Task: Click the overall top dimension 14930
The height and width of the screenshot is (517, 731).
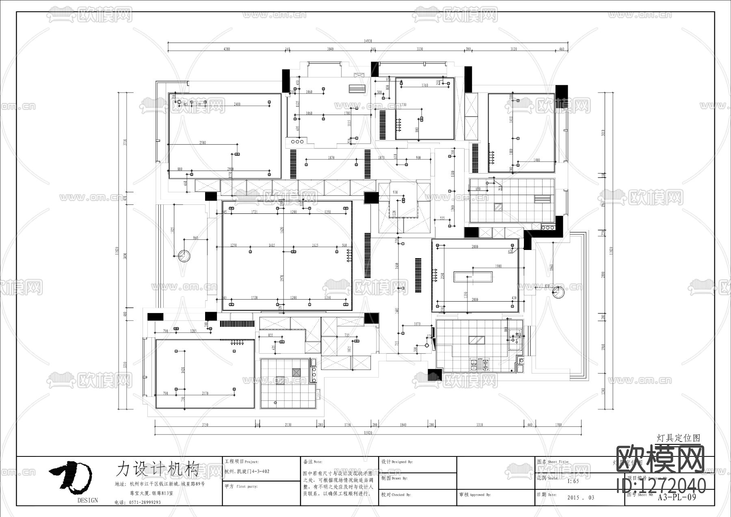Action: coord(368,41)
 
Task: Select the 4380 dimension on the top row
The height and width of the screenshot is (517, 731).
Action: coord(227,49)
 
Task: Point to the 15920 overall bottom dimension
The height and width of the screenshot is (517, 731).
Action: coord(368,432)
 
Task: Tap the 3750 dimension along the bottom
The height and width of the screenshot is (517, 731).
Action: coord(205,425)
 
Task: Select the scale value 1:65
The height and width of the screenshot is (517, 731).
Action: coord(573,481)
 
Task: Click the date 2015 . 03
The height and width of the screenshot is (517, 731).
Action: coord(580,497)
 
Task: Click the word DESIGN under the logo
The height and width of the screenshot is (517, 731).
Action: coord(88,500)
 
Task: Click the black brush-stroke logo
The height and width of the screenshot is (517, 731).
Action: coord(71,476)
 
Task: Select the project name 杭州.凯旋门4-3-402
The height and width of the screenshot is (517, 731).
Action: coord(247,471)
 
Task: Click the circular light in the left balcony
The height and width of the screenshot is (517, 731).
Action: coord(184,256)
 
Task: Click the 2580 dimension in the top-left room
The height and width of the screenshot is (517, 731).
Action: coord(203,143)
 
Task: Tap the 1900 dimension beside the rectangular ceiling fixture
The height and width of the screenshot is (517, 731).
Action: coord(498,266)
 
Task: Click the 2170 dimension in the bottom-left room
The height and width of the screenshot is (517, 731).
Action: coord(205,393)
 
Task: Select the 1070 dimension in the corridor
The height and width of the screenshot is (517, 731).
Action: coord(417,324)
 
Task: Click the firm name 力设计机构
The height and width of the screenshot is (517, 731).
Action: coord(157,469)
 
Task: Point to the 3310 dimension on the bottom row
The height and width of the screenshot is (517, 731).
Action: coord(479,425)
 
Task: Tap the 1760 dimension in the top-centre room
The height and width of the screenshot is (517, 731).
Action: coord(425,85)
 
